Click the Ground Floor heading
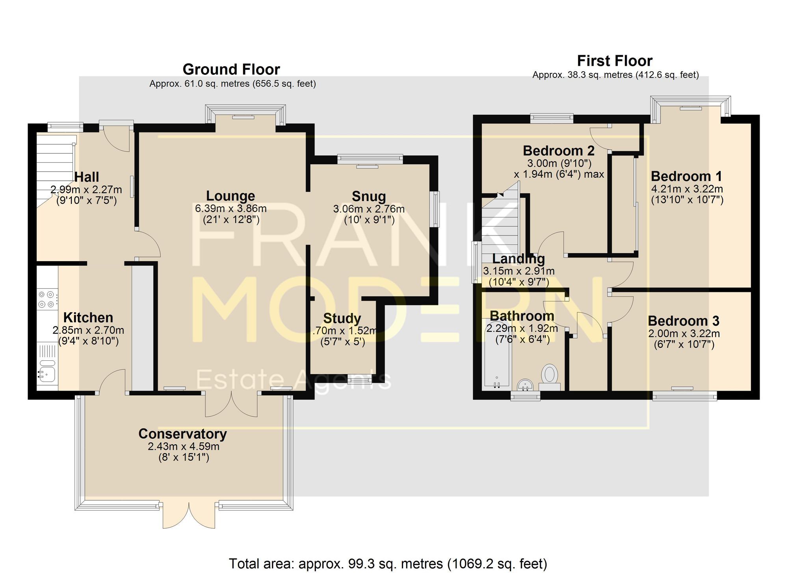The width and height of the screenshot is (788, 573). pyautogui.click(x=231, y=69)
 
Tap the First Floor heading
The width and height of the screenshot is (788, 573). pyautogui.click(x=615, y=61)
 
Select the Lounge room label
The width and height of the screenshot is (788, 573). pyautogui.click(x=230, y=196)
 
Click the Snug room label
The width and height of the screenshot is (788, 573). pyautogui.click(x=369, y=196)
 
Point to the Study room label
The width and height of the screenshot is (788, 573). pyautogui.click(x=342, y=318)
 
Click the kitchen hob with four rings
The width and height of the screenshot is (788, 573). pyautogui.click(x=47, y=299)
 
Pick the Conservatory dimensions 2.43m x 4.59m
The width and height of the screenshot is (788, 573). pyautogui.click(x=184, y=446)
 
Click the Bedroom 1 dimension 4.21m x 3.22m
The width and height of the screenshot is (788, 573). pyautogui.click(x=687, y=189)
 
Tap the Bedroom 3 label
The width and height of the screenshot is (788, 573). pyautogui.click(x=684, y=321)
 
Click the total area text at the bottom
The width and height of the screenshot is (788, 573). pyautogui.click(x=388, y=564)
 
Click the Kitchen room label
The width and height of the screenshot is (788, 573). pyautogui.click(x=88, y=317)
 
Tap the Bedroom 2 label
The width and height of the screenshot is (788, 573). pyautogui.click(x=558, y=150)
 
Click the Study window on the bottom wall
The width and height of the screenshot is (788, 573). pyautogui.click(x=359, y=379)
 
